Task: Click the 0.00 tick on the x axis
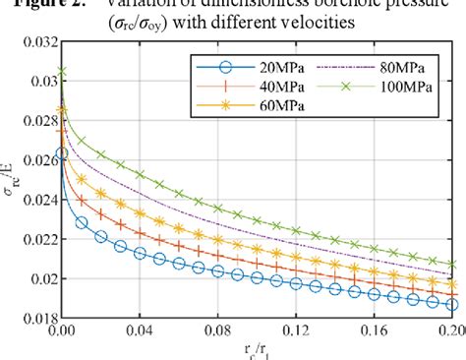61,333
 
